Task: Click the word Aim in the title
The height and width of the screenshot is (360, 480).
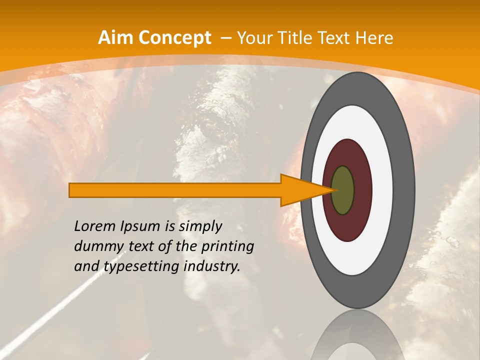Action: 114,38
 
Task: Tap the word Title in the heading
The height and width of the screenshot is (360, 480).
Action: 301,38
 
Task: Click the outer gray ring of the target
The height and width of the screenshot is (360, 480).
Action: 406,190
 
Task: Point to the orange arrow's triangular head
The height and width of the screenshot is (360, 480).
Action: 305,190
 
